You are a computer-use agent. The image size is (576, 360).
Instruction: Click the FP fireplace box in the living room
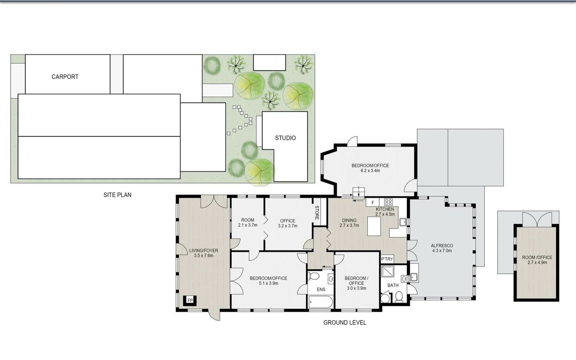[190, 300]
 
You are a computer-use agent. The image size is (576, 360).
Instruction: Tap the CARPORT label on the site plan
[65, 77]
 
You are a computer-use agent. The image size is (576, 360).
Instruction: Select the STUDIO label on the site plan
[285, 138]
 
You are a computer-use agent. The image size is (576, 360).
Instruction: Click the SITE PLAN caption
[117, 195]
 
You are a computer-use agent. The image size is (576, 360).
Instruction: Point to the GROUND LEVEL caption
[345, 322]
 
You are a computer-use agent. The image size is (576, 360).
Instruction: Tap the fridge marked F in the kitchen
[373, 202]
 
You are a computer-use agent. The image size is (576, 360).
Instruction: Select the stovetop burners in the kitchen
[388, 202]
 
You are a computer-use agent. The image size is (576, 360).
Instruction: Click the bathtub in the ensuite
[321, 302]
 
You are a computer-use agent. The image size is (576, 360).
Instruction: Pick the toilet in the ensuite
[314, 276]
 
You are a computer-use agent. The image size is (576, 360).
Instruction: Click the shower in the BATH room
[388, 271]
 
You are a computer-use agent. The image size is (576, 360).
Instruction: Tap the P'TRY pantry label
[387, 259]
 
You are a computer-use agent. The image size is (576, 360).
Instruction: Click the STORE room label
[317, 212]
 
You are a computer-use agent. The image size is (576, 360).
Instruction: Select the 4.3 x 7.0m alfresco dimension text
[442, 251]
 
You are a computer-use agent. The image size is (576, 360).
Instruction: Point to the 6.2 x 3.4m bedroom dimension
[370, 171]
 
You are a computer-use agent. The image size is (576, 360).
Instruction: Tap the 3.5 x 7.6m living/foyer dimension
[203, 256]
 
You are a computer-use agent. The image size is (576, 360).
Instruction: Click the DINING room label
[349, 220]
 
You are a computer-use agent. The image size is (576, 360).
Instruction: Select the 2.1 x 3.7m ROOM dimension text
[247, 225]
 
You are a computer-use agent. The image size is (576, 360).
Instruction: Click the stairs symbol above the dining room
[359, 192]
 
